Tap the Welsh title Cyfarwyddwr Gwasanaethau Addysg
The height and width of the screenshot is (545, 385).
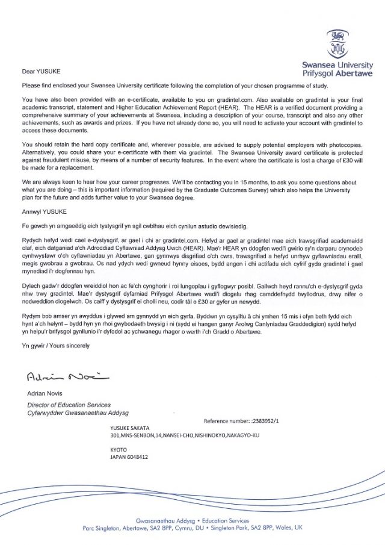pos(78,413)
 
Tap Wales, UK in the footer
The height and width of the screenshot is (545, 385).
pos(289,527)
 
